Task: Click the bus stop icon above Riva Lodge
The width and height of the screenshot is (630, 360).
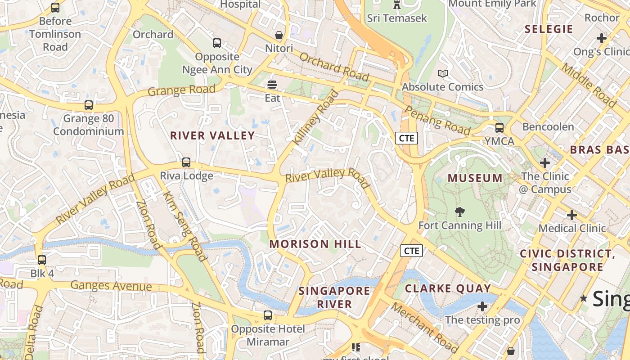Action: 186,162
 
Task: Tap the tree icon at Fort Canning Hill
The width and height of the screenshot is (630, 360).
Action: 460,211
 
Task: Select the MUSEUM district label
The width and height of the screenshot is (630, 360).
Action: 475,178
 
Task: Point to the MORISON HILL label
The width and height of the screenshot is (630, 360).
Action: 315,244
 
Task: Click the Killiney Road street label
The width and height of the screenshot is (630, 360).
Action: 315,118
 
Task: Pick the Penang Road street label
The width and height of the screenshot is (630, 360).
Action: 438,121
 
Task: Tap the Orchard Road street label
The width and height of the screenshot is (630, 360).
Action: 334,67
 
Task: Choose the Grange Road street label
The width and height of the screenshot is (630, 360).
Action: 181,90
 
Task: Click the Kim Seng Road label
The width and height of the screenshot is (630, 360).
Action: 184,227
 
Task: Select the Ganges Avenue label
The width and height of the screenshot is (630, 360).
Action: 111,286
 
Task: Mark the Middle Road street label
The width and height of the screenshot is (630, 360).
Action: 589,85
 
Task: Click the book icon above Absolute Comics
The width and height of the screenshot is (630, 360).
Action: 443,73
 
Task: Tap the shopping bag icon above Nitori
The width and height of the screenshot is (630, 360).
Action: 279,35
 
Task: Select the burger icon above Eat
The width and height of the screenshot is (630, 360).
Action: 272,84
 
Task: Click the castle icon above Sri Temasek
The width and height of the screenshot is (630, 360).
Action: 396,5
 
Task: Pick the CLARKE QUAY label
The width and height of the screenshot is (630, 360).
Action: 448,288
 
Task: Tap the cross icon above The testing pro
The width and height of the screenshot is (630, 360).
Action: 482,307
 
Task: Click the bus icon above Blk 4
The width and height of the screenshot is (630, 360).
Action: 42,260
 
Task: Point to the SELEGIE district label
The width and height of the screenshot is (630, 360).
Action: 549,29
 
